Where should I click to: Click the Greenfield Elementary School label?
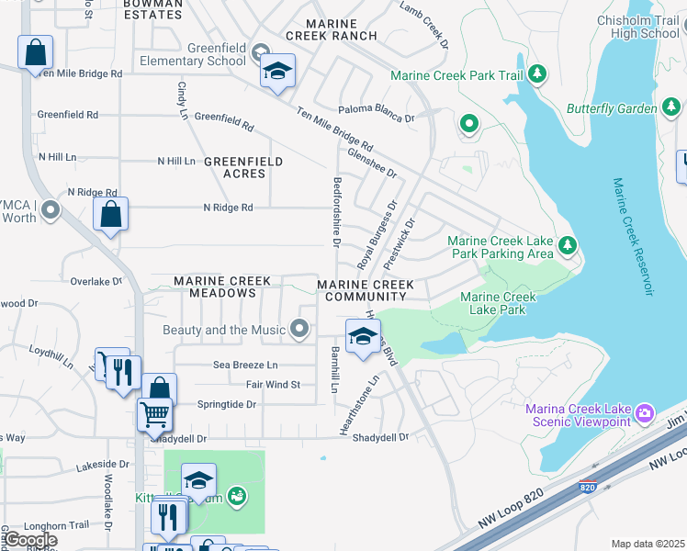click(x=192, y=55)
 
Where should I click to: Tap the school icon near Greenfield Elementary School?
click(x=277, y=71)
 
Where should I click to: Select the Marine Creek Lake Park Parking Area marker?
click(x=568, y=244)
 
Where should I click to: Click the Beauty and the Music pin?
click(x=298, y=328)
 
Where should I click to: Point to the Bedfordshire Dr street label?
click(x=337, y=213)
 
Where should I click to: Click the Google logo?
click(x=29, y=540)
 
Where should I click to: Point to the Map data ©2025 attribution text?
click(x=647, y=544)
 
